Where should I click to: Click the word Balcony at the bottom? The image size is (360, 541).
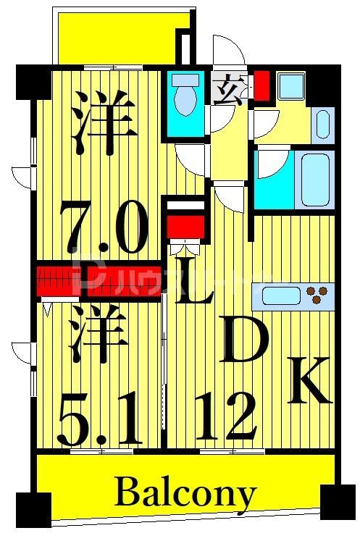click(x=185, y=495)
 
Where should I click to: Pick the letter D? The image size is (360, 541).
click(x=245, y=340)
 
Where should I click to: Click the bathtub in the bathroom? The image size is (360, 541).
click(x=317, y=179)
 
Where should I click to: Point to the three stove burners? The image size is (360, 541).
click(x=317, y=295)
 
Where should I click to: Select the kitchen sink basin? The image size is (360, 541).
click(x=278, y=295)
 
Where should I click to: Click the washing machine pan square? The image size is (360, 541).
click(x=293, y=87)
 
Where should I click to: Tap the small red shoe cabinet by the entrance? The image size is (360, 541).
click(x=261, y=85)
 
